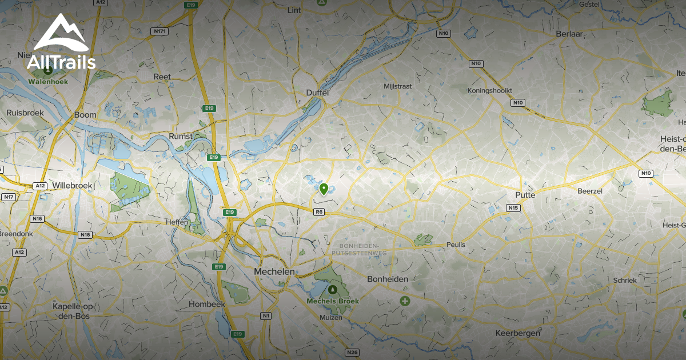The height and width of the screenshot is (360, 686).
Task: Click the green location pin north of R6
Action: point(324,189)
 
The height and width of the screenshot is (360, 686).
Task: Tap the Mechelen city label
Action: point(274,272)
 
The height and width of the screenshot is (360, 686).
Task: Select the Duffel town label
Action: point(317,93)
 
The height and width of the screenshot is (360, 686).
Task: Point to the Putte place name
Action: point(524,195)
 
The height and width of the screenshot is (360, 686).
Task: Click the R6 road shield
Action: point(319,212)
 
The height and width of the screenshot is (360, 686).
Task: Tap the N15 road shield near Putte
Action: point(513,208)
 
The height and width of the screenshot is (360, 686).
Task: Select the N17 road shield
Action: point(8,197)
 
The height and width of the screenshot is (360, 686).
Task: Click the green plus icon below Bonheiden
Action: point(405,301)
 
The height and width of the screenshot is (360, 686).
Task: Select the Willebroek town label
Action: point(71,186)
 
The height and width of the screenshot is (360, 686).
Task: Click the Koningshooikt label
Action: point(489,90)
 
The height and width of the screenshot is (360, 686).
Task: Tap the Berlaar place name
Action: point(569,34)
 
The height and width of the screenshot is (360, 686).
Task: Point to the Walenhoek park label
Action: point(48,82)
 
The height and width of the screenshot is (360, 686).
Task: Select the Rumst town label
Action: point(180,136)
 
